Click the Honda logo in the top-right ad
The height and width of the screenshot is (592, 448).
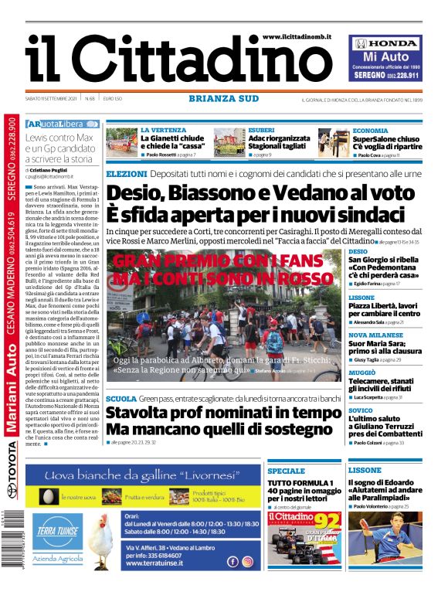385,44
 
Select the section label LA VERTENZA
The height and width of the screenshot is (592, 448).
163,130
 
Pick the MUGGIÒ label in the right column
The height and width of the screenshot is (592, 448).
361,372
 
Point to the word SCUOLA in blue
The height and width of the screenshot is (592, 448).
121,398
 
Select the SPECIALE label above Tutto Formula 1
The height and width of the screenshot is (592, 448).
285,471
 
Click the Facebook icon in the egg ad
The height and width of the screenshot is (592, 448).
233,562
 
